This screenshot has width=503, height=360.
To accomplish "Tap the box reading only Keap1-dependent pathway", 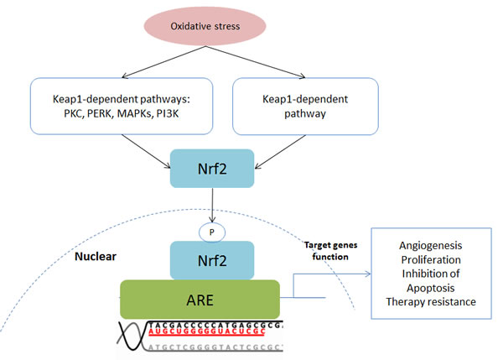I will click(293, 107).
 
